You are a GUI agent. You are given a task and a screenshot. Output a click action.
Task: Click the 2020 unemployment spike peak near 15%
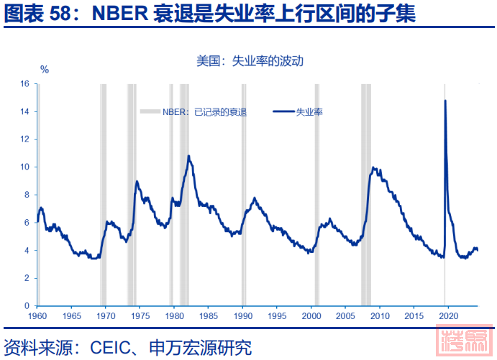pyautogui.click(x=445, y=101)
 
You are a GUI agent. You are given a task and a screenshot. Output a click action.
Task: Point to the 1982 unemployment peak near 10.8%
pyautogui.click(x=188, y=156)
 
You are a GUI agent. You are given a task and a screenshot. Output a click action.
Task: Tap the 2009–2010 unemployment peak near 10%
pyautogui.click(x=373, y=168)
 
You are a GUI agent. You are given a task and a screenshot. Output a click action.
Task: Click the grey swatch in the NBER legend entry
pyautogui.click(x=150, y=111)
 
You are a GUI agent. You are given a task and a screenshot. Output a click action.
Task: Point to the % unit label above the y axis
pyautogui.click(x=44, y=70)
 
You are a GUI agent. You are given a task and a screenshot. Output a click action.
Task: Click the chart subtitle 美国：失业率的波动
pyautogui.click(x=250, y=61)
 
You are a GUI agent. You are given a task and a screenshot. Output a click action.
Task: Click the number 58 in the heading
pyautogui.click(x=61, y=16)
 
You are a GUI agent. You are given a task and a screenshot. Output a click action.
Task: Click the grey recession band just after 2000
pyautogui.click(x=316, y=194)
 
